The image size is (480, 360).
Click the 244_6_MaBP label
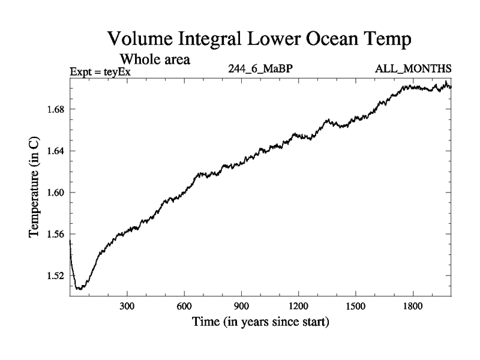[x=260, y=70]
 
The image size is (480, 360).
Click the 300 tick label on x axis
[x=127, y=307]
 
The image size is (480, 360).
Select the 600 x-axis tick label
[x=184, y=307]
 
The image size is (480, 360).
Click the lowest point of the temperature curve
[x=79, y=289]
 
